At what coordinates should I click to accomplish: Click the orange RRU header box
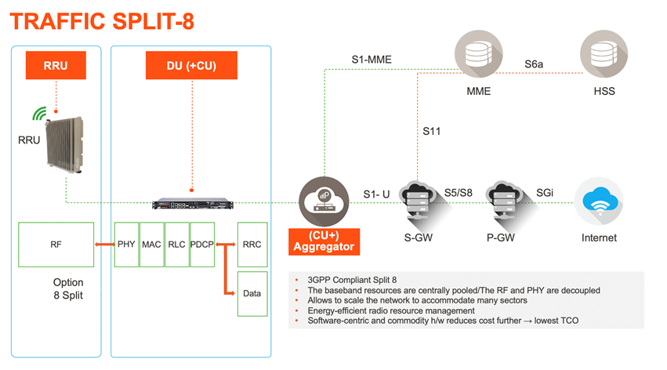(x=56, y=65)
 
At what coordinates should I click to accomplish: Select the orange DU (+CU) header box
(x=191, y=65)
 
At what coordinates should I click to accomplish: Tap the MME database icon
(x=479, y=53)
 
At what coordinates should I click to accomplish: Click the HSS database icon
(x=604, y=53)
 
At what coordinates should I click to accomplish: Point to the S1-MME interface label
(x=372, y=60)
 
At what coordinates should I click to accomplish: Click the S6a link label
(x=534, y=64)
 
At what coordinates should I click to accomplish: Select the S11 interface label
(x=431, y=132)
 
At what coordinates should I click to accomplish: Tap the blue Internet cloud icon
(x=599, y=201)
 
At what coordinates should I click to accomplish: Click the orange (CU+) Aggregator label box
(x=324, y=241)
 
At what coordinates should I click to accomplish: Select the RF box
(x=56, y=245)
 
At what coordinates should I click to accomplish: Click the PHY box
(x=126, y=245)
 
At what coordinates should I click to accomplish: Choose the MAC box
(x=151, y=245)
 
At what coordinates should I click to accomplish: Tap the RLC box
(x=176, y=245)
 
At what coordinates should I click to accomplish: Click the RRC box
(x=252, y=245)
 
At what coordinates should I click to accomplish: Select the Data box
(x=252, y=294)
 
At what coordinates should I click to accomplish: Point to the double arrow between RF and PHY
(x=105, y=244)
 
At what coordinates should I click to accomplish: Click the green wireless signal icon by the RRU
(x=39, y=114)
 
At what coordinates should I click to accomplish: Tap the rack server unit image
(x=193, y=204)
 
